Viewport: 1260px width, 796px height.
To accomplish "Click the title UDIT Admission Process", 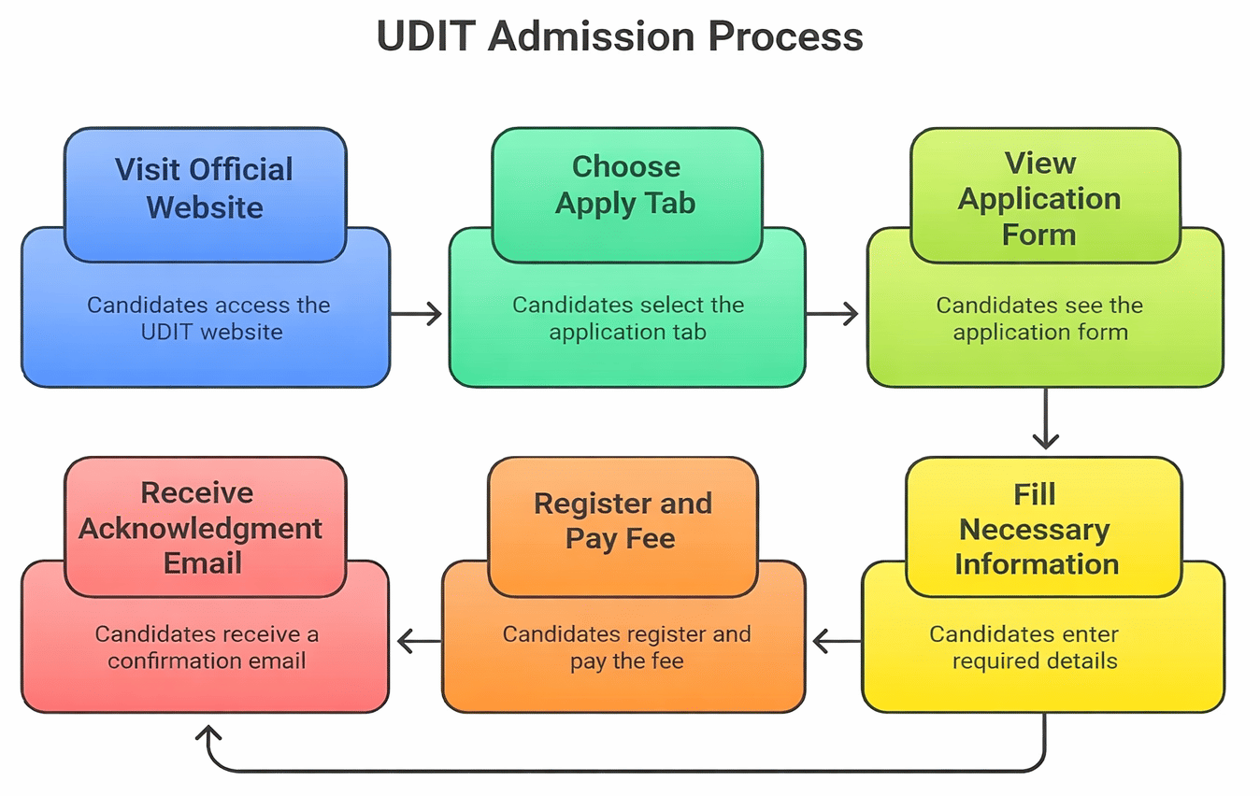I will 620,37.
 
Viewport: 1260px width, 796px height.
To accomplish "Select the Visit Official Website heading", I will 205,188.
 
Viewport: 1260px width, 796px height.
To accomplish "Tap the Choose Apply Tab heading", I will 625,185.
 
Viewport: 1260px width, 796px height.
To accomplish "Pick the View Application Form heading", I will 1039,198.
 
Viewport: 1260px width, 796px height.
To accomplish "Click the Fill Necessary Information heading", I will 1036,529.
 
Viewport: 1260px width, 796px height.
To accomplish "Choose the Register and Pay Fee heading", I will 623,520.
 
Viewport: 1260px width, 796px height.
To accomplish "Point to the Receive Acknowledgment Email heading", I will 201,528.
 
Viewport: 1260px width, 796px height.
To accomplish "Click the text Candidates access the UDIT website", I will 208,318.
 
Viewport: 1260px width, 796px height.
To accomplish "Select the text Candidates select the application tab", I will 627,318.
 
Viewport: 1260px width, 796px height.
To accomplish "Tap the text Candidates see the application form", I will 1039,318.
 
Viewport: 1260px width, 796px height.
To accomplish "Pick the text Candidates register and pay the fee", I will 626,647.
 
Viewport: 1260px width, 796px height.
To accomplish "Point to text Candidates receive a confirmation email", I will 207,647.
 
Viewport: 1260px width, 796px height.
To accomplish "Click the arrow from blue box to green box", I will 417,314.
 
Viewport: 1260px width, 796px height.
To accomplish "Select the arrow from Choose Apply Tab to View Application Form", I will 832,314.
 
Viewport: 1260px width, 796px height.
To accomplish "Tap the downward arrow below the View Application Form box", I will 1045,419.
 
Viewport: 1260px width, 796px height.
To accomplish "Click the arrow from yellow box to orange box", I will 838,642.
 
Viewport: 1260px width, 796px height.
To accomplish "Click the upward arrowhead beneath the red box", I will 210,732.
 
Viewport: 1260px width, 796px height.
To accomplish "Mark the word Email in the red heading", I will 203,563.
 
